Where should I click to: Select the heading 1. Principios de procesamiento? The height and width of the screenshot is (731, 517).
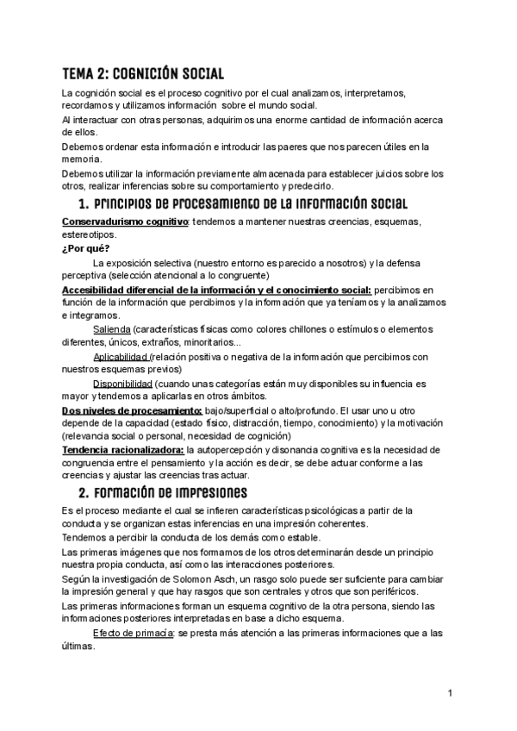coord(242,204)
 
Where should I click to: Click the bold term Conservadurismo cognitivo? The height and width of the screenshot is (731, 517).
coord(125,222)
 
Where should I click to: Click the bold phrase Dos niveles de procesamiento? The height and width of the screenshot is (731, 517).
coord(132,409)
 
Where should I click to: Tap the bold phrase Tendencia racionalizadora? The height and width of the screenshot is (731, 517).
coord(123,449)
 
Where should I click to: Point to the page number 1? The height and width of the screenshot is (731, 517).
coord(451,693)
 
